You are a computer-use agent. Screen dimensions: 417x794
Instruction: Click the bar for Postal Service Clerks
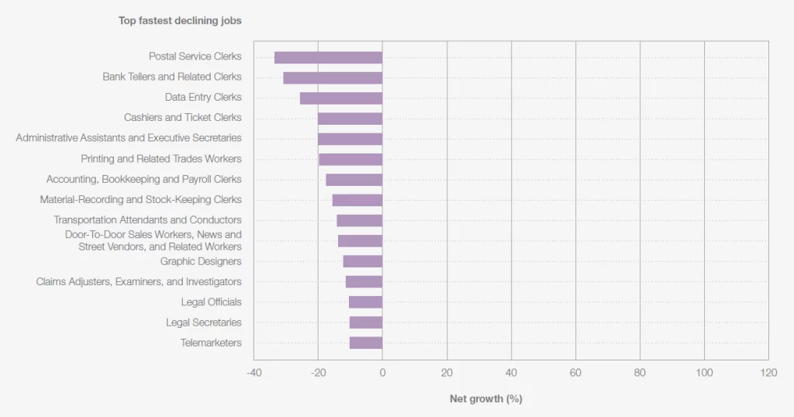[x=328, y=57]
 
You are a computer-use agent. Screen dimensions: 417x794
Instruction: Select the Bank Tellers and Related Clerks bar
[x=333, y=78]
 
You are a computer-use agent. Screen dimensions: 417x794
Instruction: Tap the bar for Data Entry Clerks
[x=341, y=98]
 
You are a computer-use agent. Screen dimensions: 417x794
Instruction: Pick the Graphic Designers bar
[x=362, y=261]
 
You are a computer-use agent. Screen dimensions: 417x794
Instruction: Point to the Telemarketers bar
[x=366, y=343]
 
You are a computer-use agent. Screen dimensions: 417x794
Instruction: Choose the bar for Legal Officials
[x=365, y=302]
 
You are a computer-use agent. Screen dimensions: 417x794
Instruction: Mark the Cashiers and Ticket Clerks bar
[x=350, y=119]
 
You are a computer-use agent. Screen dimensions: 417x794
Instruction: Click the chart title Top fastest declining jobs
[x=180, y=21]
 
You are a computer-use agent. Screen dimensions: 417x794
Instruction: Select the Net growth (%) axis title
[x=486, y=399]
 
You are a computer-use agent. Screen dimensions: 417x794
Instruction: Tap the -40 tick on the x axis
[x=254, y=373]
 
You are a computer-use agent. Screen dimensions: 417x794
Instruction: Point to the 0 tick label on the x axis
[x=382, y=373]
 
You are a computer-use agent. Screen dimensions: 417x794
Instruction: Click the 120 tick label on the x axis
[x=768, y=373]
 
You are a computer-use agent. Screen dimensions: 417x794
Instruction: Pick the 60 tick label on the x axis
[x=575, y=373]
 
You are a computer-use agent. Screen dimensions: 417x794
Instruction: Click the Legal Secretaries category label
[x=203, y=322]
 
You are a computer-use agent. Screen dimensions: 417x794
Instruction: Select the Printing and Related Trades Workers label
[x=161, y=159]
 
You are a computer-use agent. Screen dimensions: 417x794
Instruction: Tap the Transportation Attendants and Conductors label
[x=147, y=220]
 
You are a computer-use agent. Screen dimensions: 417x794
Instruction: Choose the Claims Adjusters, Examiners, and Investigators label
[x=139, y=281]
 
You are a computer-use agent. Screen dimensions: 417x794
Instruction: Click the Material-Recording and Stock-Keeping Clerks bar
[x=357, y=200]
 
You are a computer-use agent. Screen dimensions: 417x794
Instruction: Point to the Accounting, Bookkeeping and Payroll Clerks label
[x=144, y=179]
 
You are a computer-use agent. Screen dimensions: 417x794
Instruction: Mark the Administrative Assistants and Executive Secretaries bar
[x=350, y=139]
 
